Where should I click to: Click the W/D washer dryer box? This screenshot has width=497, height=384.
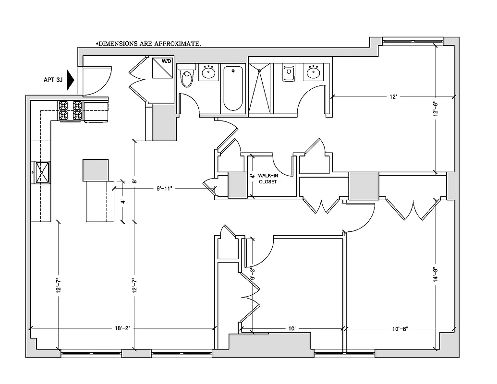point(162,68)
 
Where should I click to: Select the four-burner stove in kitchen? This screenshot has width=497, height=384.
point(70,110)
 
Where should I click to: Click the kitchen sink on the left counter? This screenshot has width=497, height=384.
point(41,173)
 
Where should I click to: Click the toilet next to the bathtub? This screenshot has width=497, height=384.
point(187,77)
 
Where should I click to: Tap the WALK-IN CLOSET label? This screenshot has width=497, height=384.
point(268,179)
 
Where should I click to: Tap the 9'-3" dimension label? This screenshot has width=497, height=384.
point(253,274)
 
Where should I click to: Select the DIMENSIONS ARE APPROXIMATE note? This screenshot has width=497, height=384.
point(148,44)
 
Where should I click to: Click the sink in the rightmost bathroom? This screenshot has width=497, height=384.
point(314,73)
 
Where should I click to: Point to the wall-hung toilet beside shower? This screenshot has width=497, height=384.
point(288,74)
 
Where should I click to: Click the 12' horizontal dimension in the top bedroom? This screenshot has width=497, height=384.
point(393,97)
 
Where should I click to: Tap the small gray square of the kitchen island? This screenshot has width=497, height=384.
point(96,170)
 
